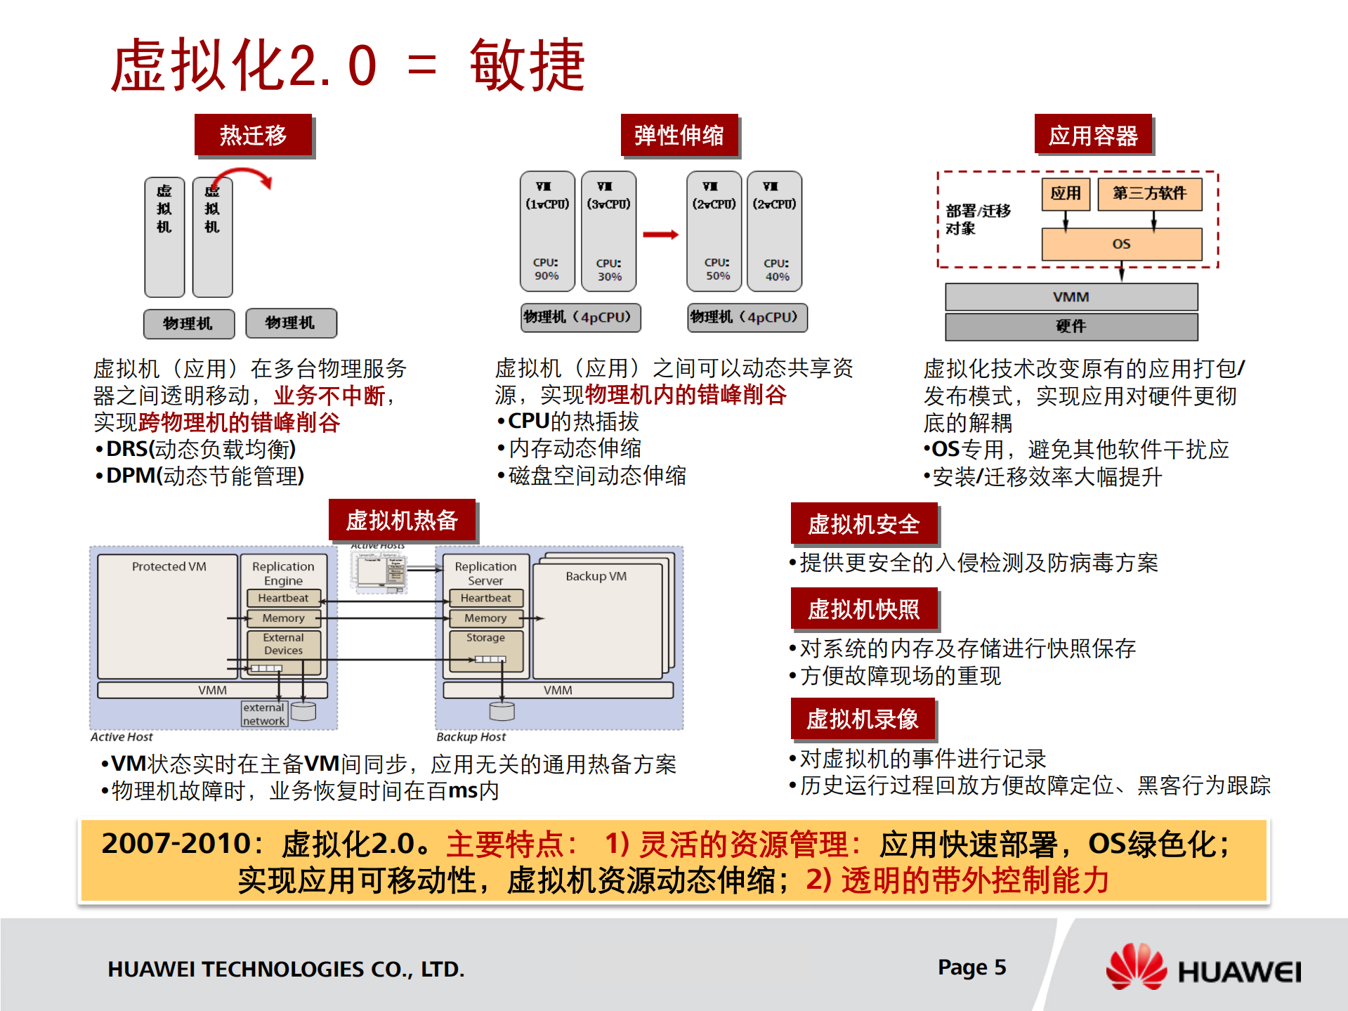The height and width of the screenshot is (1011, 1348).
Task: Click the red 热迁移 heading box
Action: click(253, 135)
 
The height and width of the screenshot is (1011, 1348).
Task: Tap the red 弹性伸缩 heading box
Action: click(679, 135)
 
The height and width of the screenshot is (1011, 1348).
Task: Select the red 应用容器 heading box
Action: click(1092, 135)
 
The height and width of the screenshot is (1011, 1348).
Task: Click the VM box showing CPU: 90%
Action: click(547, 232)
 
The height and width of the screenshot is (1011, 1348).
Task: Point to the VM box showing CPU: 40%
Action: click(775, 232)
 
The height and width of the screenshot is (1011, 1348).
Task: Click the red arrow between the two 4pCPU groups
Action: click(660, 235)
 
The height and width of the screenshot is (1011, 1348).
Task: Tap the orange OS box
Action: click(1121, 244)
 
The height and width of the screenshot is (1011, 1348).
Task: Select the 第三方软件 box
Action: click(1149, 193)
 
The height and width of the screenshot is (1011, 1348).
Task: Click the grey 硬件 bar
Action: click(1071, 326)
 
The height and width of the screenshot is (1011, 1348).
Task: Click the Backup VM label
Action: click(596, 576)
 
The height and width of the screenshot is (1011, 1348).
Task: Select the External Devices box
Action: click(283, 644)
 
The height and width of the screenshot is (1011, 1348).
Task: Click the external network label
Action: click(263, 714)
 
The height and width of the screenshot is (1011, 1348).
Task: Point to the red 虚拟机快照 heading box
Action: click(863, 608)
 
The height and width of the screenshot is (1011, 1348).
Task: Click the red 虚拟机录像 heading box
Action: click(862, 719)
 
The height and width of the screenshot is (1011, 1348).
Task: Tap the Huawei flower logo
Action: click(1135, 967)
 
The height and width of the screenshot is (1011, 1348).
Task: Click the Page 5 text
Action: click(971, 967)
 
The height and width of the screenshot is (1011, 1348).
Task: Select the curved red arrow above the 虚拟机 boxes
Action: click(243, 176)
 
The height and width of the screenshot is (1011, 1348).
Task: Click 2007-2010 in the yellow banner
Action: click(176, 843)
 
